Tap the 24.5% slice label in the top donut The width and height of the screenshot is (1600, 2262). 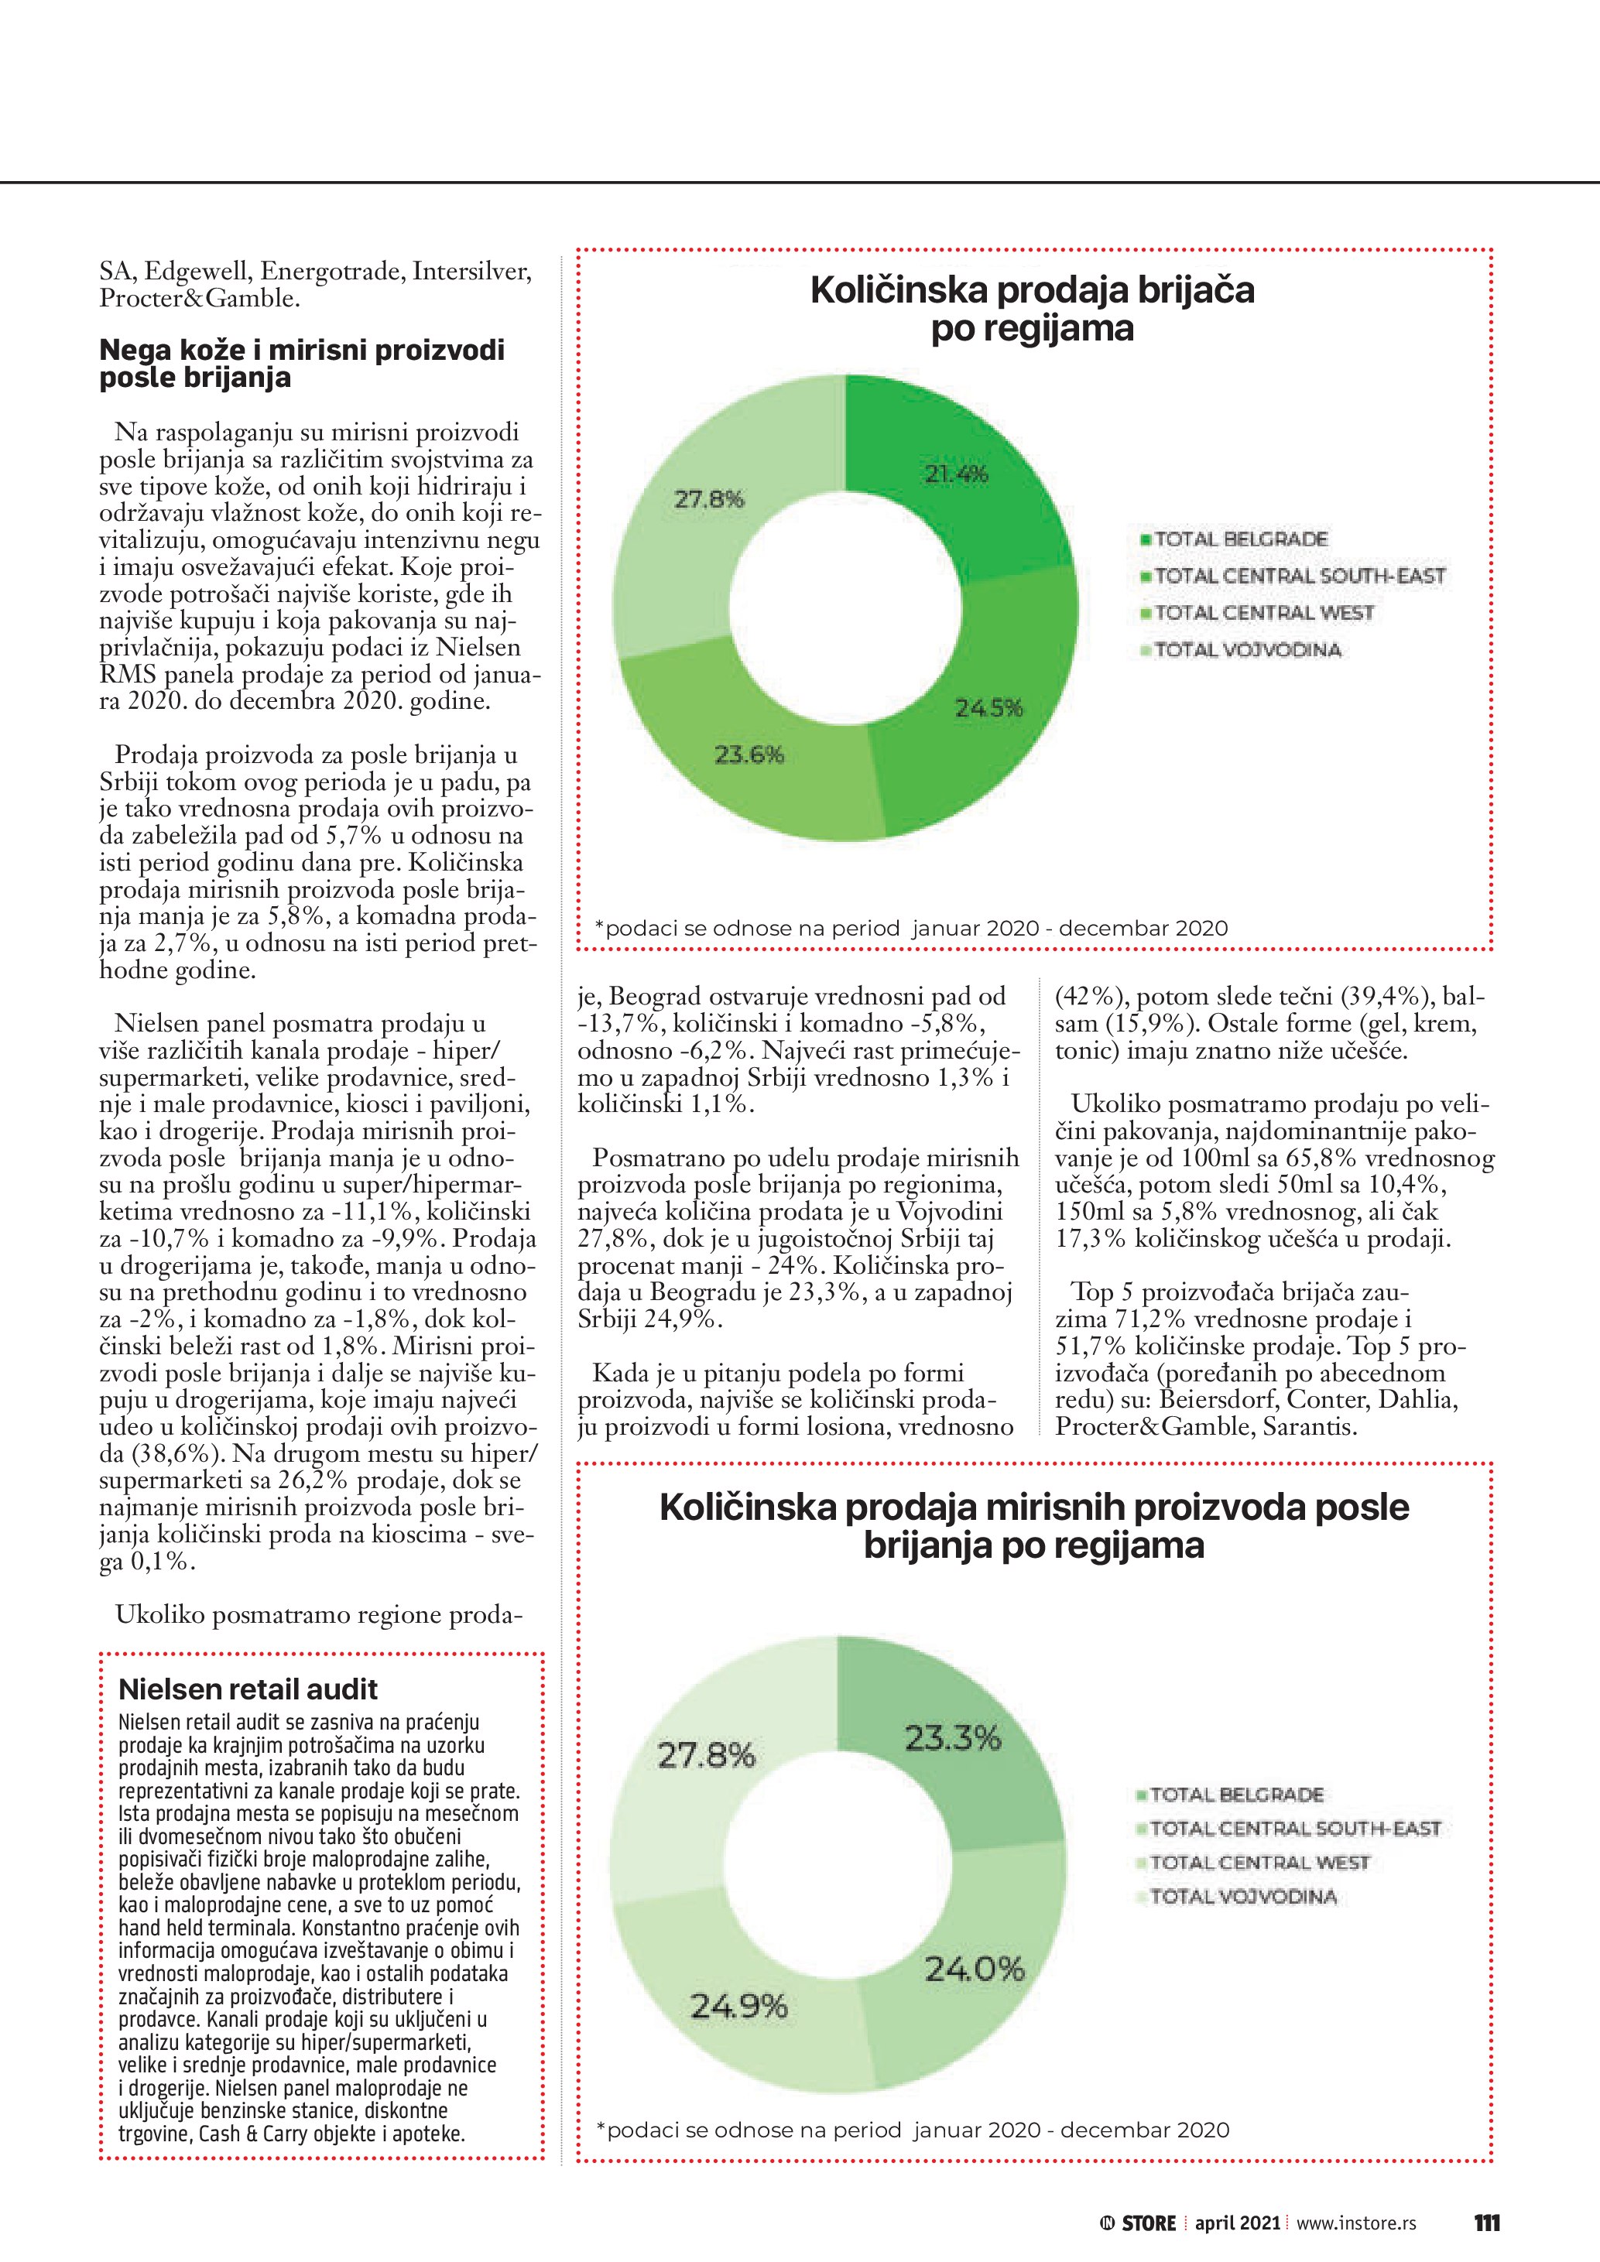[988, 707]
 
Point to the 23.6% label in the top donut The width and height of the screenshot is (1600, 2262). [749, 755]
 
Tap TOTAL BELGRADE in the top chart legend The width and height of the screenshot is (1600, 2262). [1240, 539]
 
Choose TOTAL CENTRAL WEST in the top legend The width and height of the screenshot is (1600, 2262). [1263, 613]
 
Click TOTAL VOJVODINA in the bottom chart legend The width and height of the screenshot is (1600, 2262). [1242, 1897]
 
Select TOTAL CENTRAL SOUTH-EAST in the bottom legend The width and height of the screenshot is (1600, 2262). [1294, 1829]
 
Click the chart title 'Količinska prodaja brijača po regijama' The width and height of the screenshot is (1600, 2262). [1033, 308]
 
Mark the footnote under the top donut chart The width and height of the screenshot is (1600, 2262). [911, 928]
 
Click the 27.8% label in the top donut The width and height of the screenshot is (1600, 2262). [708, 498]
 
